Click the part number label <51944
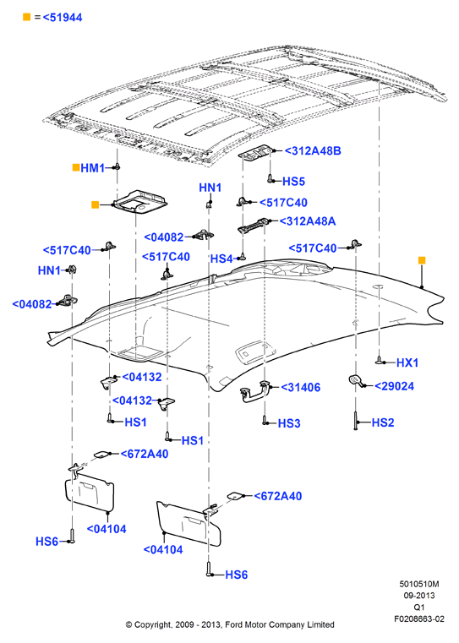[63, 17]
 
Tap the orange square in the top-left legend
[27, 17]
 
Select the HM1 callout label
[92, 168]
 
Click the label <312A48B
[313, 151]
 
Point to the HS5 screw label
[293, 182]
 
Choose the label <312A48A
[308, 221]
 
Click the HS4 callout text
[221, 259]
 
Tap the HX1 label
[407, 362]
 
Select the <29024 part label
[394, 386]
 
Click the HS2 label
[383, 422]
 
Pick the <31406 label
[301, 387]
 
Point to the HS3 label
[289, 423]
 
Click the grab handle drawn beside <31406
[255, 391]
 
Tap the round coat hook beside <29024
[355, 380]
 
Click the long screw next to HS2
[356, 421]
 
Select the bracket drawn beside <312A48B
[256, 152]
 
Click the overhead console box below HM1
[140, 201]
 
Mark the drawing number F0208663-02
[419, 618]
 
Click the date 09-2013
[419, 596]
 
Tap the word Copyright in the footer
[153, 624]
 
